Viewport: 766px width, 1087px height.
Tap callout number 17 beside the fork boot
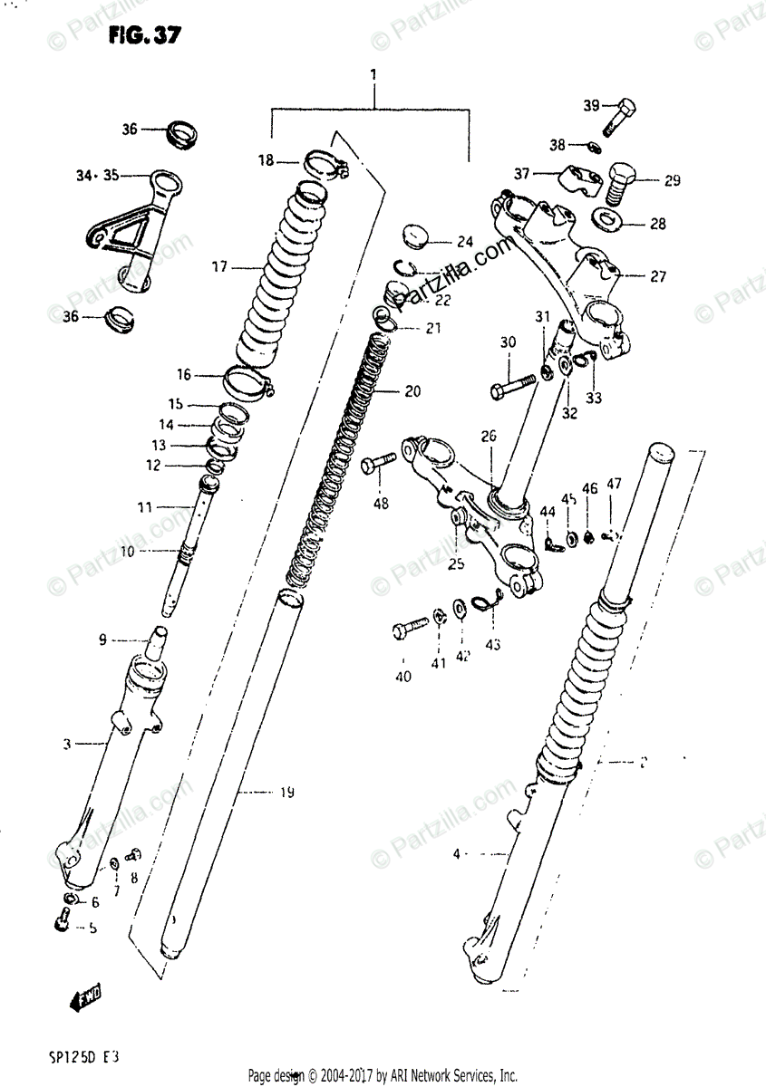[218, 267]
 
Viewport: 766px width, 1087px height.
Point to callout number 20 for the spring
[412, 392]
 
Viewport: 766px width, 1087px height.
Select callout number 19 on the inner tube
[286, 794]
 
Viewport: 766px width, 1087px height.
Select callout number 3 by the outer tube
[66, 745]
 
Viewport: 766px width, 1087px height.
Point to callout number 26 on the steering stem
[489, 436]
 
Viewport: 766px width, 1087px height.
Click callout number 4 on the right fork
[457, 852]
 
